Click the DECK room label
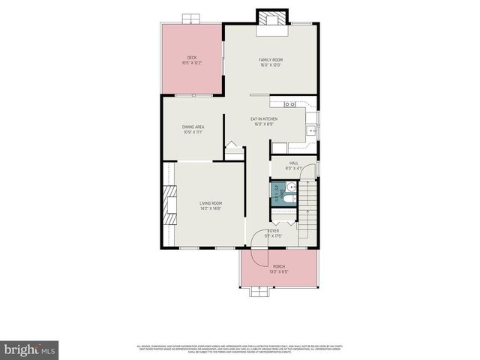[192, 60]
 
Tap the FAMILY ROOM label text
[270, 62]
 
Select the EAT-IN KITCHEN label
[264, 121]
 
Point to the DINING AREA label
[193, 130]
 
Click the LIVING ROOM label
[210, 205]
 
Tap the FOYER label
[274, 233]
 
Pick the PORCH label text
[278, 269]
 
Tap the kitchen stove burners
[291, 104]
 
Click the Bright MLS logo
[30, 349]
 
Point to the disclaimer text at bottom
[240, 348]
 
